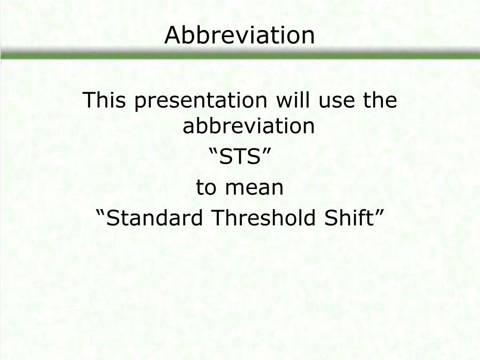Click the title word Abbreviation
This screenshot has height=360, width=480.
(240, 36)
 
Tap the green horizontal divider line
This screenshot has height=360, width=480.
(240, 55)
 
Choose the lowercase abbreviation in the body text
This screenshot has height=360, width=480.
(248, 126)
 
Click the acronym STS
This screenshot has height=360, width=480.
(240, 158)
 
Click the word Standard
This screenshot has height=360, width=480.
(156, 218)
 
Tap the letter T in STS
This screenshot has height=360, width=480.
(240, 158)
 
